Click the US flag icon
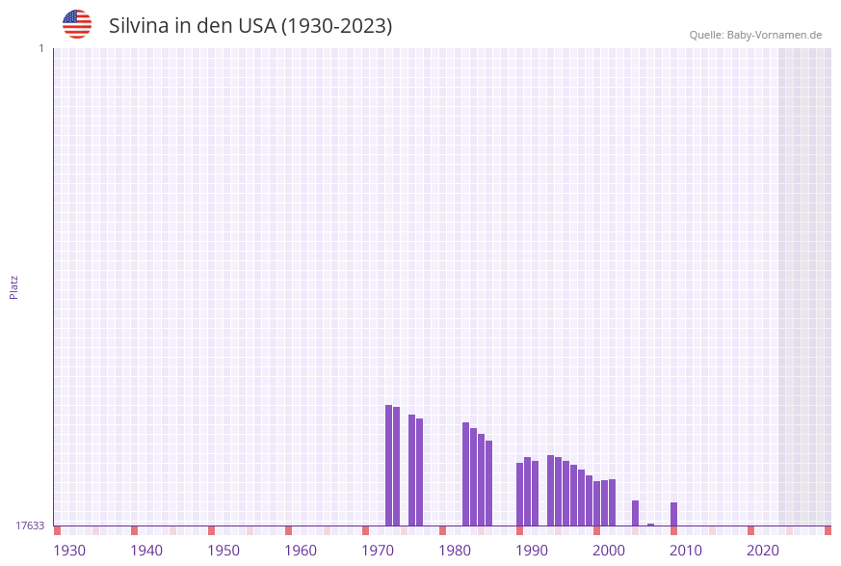click(x=77, y=24)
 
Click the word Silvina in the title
click(x=139, y=26)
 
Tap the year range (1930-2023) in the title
click(x=336, y=26)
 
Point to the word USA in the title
click(x=256, y=26)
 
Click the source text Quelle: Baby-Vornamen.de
click(x=755, y=35)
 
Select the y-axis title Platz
click(x=14, y=286)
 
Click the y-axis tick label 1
click(x=41, y=48)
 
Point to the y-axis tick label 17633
click(x=30, y=526)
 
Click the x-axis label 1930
click(x=69, y=551)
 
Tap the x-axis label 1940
click(x=146, y=551)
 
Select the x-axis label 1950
click(x=223, y=551)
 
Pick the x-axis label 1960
click(x=301, y=551)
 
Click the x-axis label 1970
click(x=378, y=551)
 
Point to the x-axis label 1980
click(x=455, y=551)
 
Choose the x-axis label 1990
click(x=532, y=551)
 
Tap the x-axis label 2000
click(x=609, y=551)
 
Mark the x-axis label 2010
click(x=686, y=551)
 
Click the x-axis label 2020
click(x=763, y=551)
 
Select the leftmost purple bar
click(x=388, y=465)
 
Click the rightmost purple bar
click(x=673, y=514)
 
